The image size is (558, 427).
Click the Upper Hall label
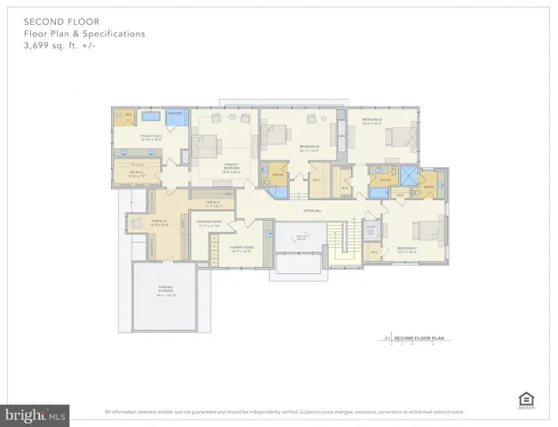click(311, 211)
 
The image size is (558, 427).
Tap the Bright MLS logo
click(36, 414)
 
